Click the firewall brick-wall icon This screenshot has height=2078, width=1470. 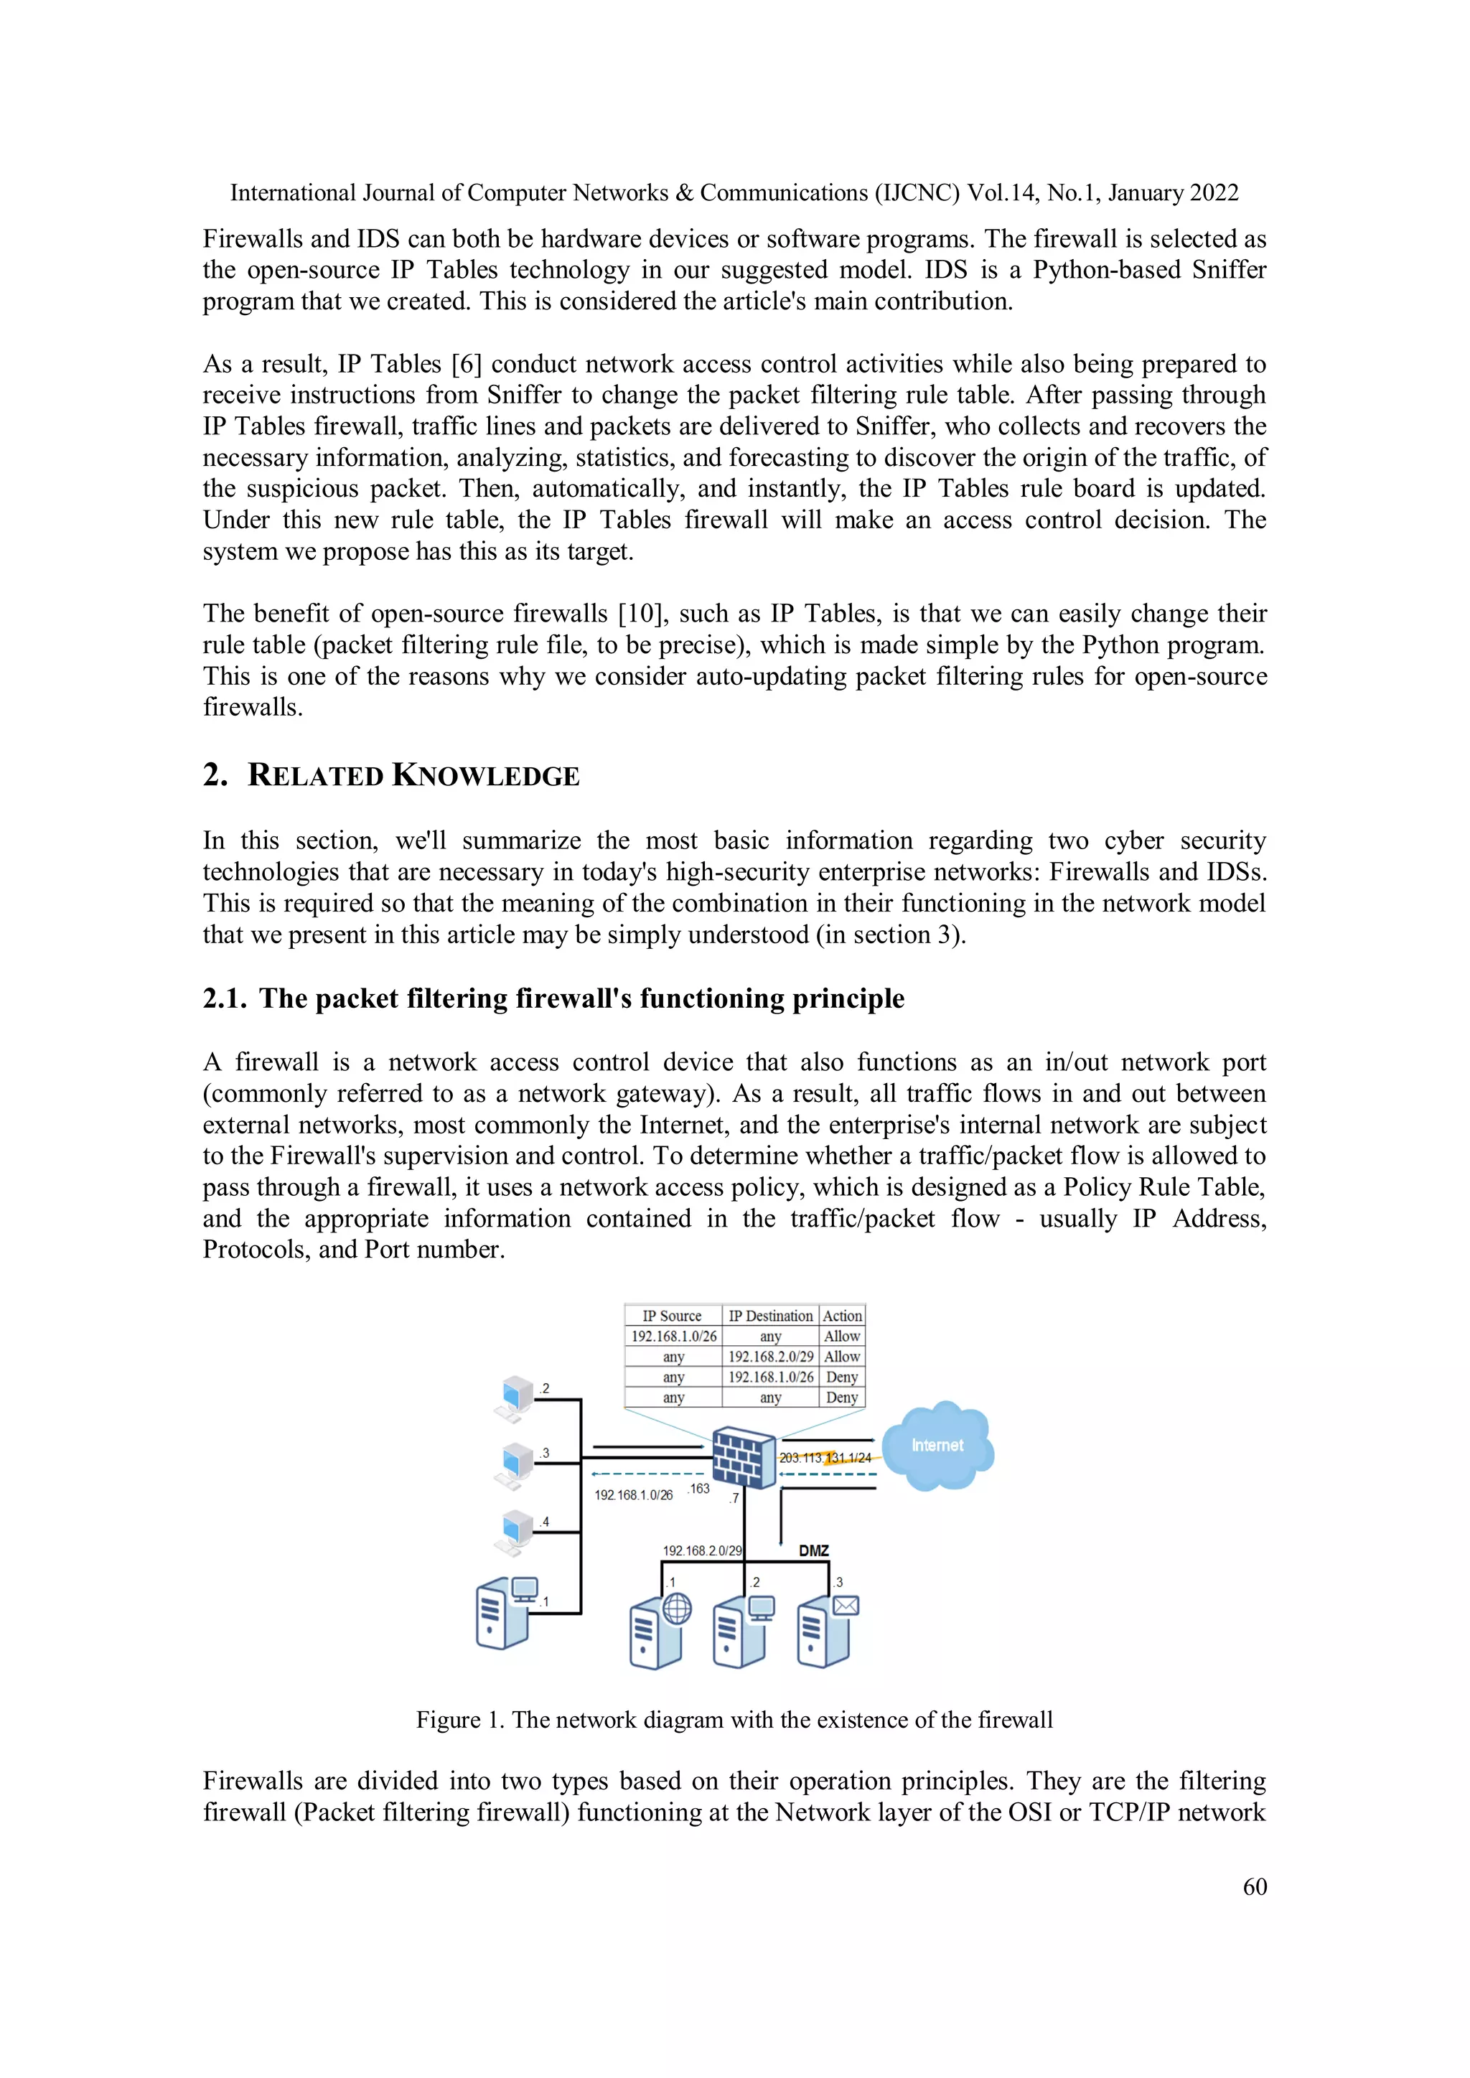pos(743,1456)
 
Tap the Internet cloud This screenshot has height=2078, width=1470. pos(937,1446)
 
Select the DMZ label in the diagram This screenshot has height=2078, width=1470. pos(814,1550)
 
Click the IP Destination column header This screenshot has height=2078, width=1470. pos(770,1316)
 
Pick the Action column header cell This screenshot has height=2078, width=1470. pos(842,1316)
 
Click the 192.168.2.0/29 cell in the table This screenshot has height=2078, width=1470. pos(770,1357)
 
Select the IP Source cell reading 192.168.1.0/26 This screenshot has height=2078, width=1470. pos(673,1337)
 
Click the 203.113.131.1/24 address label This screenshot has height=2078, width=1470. pos(825,1458)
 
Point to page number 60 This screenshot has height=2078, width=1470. pos(1255,1886)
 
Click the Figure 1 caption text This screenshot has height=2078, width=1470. pos(734,1720)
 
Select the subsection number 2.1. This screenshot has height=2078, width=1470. pos(223,998)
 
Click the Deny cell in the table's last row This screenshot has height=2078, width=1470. pos(842,1398)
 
